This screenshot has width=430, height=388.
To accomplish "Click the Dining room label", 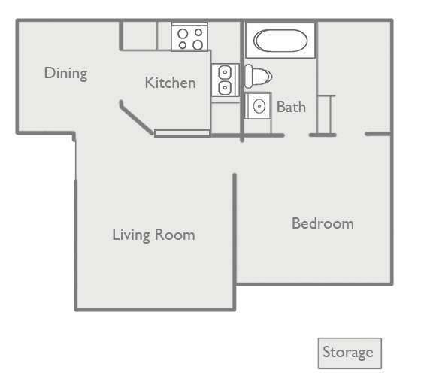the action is point(66,74).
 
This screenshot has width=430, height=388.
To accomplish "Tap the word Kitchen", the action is point(171,83).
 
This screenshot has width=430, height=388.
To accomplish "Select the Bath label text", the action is point(291,107).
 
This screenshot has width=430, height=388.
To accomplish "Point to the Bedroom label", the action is point(322,223).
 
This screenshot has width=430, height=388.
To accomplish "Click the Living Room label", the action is point(153,235).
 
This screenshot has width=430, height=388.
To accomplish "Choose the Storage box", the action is point(350,353).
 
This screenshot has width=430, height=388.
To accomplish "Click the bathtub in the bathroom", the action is point(280,41).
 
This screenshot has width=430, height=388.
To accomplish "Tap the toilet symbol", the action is point(258,76).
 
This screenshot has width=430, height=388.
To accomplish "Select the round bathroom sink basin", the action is point(259,106).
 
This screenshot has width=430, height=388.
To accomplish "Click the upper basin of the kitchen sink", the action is point(225,72).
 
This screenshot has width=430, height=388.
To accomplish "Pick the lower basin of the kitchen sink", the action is point(225,88).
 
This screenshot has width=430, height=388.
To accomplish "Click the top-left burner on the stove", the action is point(183,34).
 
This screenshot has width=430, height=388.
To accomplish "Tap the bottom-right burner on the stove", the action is point(198,44).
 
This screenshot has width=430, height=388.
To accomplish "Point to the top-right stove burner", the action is point(198,32).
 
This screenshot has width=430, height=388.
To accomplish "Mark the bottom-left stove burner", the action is point(183,45).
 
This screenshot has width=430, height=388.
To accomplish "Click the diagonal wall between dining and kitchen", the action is point(136,118).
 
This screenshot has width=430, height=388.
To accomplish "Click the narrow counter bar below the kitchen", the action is point(183,133).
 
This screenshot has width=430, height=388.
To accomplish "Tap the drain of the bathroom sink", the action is point(259,106).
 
